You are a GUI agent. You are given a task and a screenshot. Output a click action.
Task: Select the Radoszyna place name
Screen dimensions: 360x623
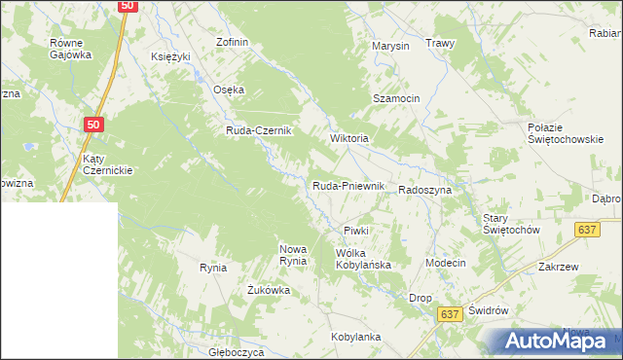tap(424, 191)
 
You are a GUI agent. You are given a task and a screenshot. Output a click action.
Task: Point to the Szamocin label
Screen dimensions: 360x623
tap(396, 99)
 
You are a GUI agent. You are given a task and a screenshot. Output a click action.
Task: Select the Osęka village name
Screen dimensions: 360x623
tap(229, 90)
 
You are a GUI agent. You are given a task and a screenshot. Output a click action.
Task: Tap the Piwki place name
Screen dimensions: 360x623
tap(355, 230)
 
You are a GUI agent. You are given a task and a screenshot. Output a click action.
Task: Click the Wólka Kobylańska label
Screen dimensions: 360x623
tap(363, 259)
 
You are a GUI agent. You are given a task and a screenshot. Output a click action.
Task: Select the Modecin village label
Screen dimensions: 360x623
tap(446, 264)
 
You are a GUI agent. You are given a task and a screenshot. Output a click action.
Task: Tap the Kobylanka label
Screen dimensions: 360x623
tap(355, 337)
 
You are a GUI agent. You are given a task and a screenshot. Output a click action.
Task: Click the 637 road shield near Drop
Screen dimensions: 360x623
tap(449, 314)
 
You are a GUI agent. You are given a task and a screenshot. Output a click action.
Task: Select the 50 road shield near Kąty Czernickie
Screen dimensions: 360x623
tap(92, 125)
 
